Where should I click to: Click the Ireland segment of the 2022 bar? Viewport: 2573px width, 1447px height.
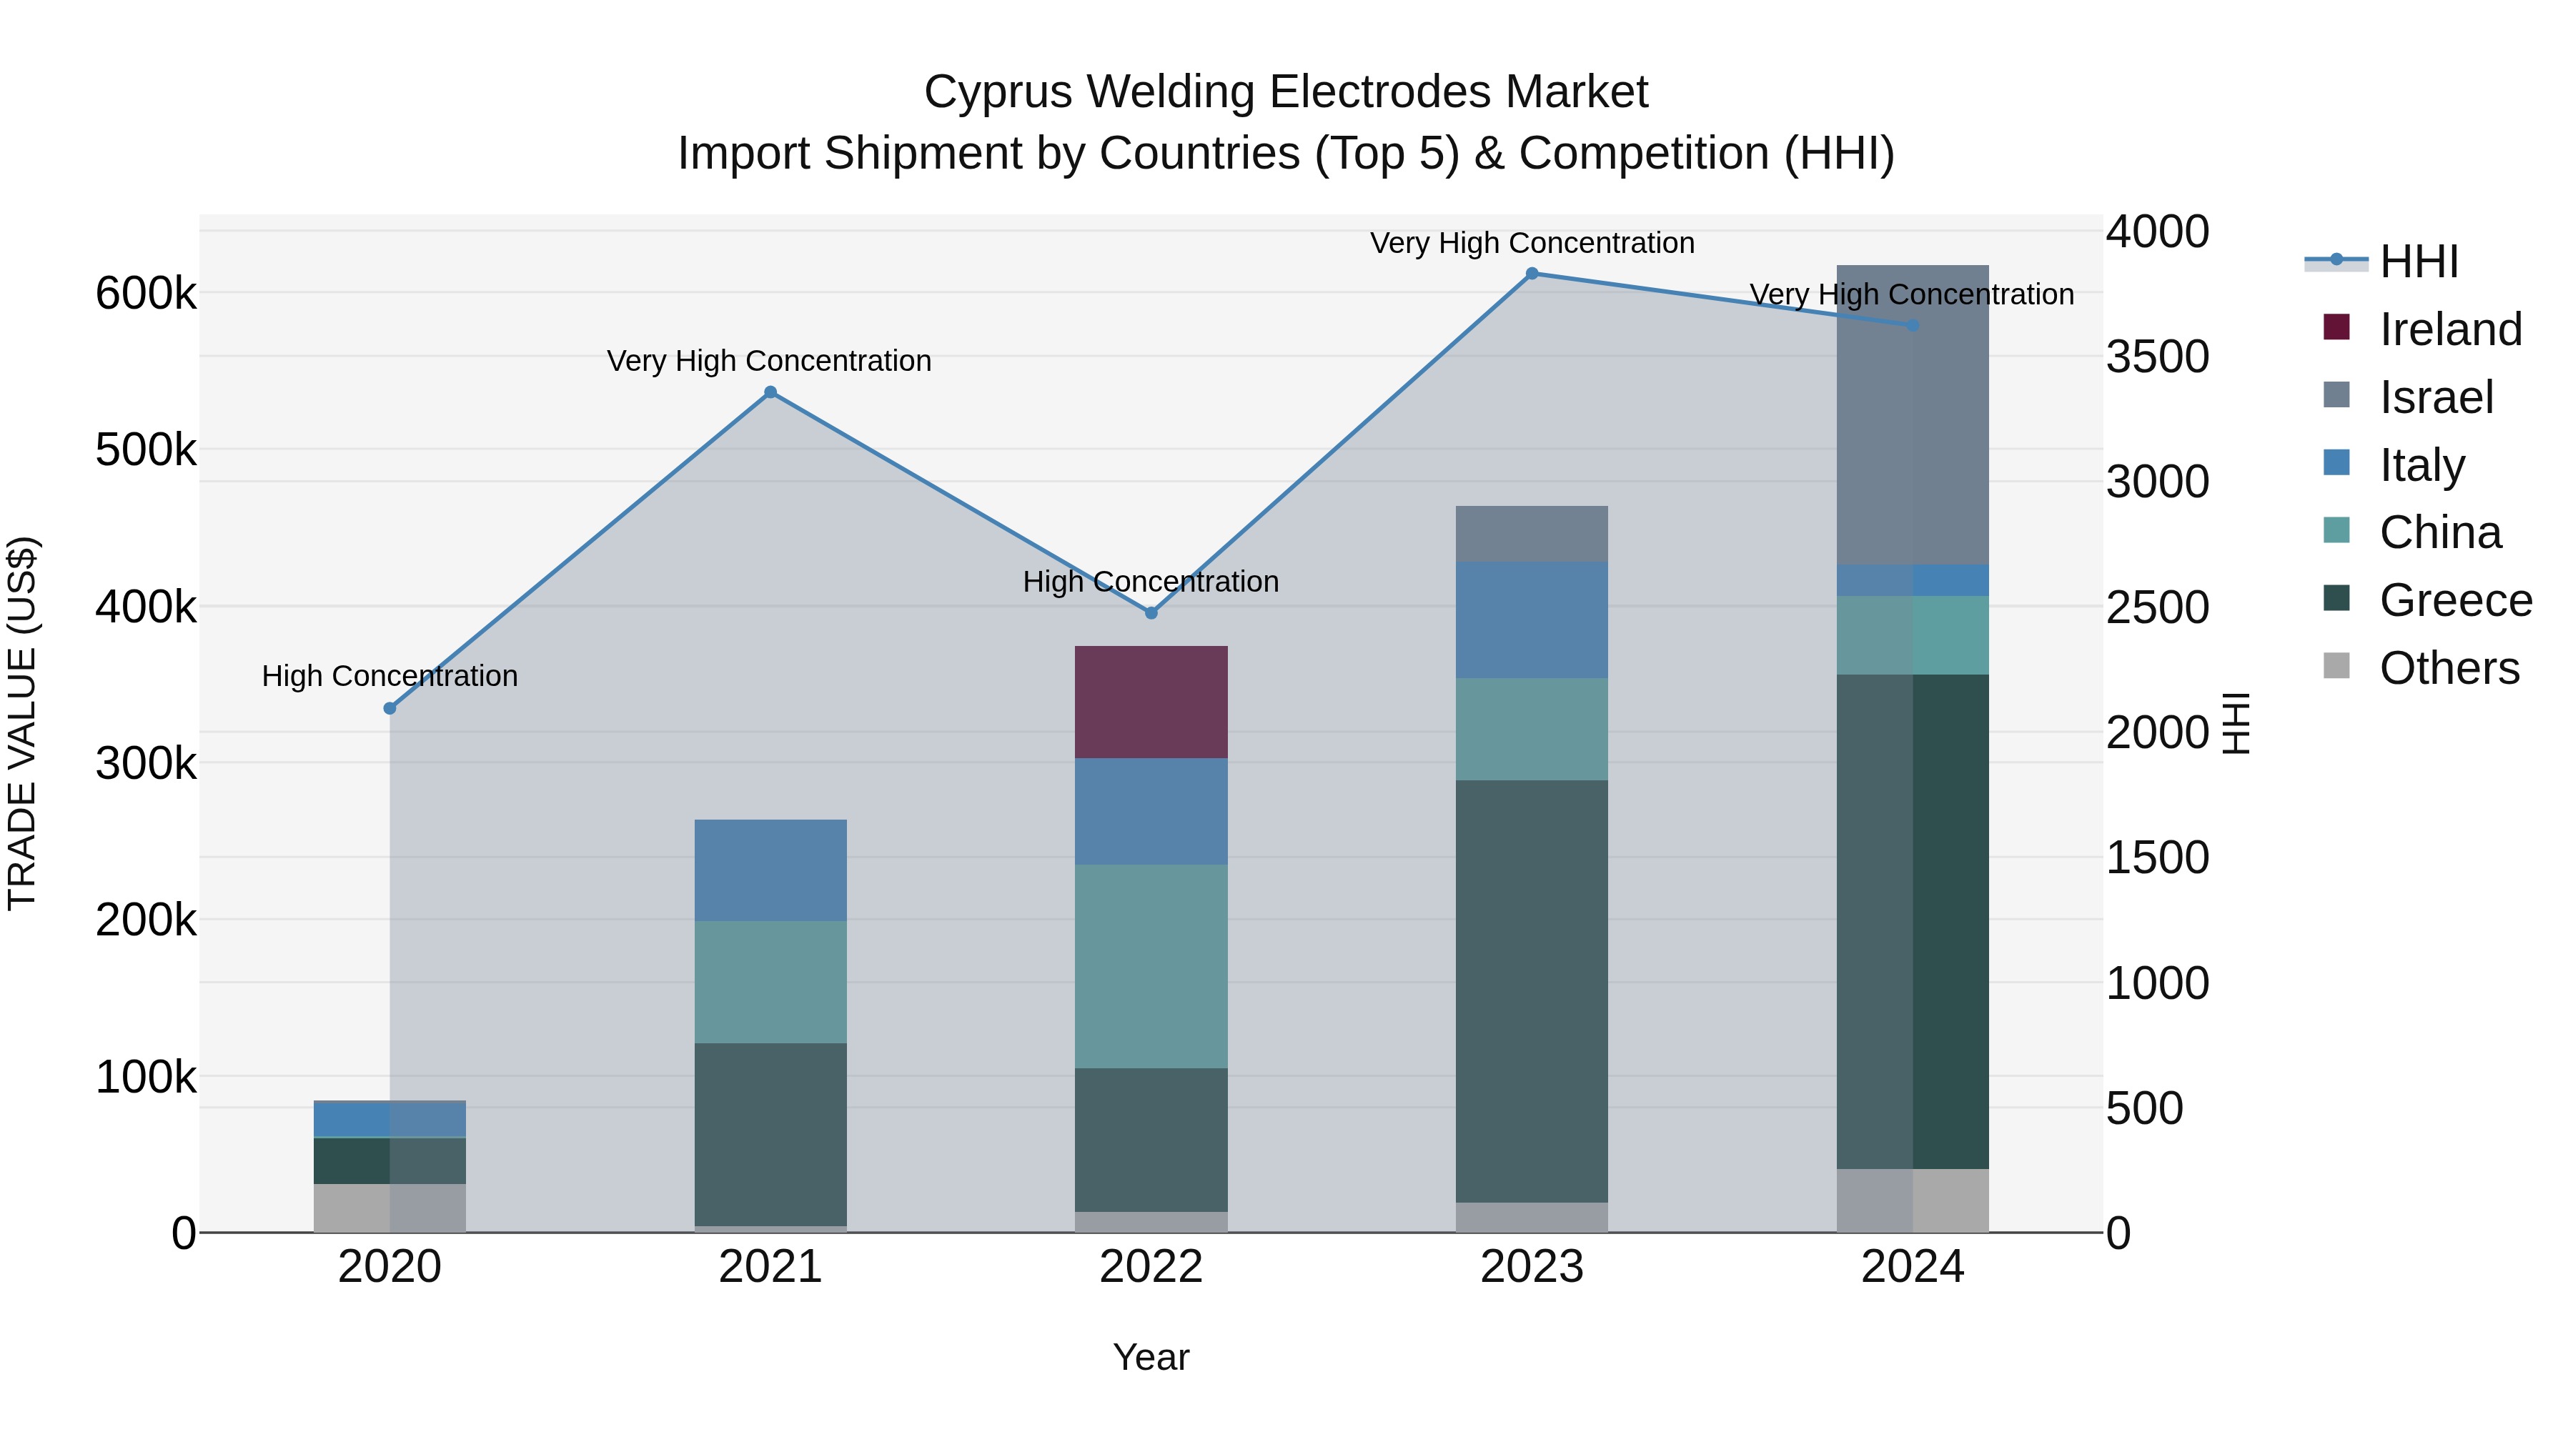(x=1151, y=702)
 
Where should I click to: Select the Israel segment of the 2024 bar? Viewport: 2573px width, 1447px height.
(x=1912, y=414)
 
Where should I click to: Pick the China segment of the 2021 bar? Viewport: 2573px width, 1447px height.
(x=770, y=982)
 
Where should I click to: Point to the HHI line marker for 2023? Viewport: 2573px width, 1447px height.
(x=1531, y=274)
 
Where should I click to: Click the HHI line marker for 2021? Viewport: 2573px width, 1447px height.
(x=770, y=392)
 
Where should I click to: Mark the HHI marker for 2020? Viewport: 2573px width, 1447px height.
(x=390, y=708)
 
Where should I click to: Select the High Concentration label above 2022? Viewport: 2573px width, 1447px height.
(x=1151, y=581)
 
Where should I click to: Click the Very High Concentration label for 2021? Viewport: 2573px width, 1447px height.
(x=769, y=361)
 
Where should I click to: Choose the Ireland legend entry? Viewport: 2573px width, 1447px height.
(x=2449, y=329)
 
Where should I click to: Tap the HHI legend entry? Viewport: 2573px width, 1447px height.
(x=2418, y=262)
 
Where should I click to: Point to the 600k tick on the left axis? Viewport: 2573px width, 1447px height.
(x=146, y=294)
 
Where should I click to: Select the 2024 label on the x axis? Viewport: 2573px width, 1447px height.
(x=1912, y=1267)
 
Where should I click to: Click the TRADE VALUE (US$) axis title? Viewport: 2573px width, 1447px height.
(x=22, y=723)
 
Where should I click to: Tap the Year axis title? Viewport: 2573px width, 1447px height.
(x=1151, y=1357)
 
